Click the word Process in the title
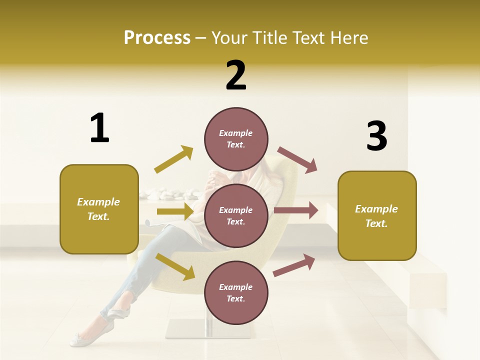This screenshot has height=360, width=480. coord(157,38)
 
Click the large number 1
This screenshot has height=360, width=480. coord(99,128)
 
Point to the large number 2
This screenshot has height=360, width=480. coord(236,75)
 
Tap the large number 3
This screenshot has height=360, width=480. coord(376,136)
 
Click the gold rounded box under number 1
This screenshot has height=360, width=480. coord(99,209)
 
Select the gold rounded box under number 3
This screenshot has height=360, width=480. coord(377,215)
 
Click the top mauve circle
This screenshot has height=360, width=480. coord(236,138)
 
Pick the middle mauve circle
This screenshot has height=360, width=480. coord(236,215)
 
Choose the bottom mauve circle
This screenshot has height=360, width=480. coord(236,292)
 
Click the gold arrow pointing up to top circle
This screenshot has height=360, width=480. coord(174,159)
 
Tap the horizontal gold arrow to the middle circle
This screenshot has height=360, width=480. coord(175,211)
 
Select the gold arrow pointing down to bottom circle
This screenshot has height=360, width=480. coord(175,266)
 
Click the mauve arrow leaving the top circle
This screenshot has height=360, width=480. coord(298,159)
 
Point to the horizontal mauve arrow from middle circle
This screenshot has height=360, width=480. coord(296,210)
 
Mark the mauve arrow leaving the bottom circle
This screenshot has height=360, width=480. coord(294,265)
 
